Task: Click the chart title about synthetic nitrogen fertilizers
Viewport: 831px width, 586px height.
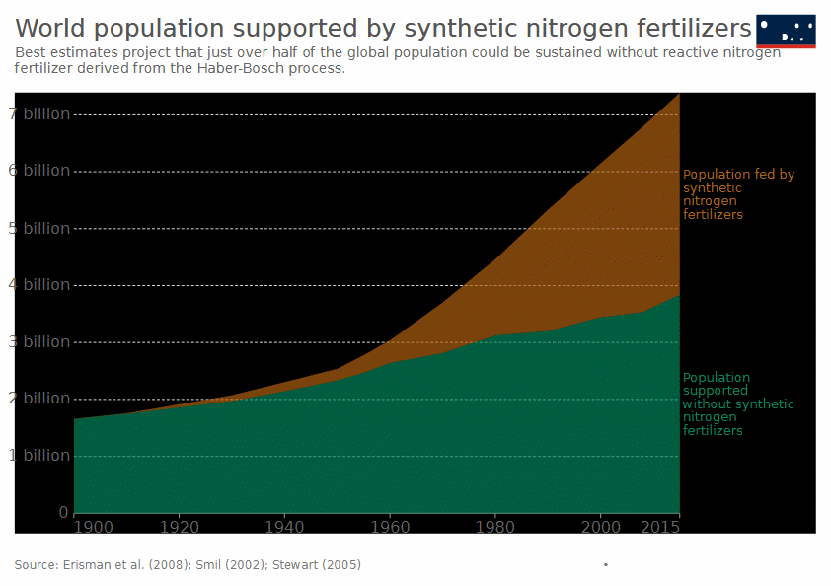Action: coord(383,27)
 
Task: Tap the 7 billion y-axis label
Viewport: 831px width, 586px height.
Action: coord(39,114)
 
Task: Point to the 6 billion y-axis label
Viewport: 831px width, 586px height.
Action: coord(39,171)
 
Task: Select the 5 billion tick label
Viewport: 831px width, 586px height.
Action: coord(39,228)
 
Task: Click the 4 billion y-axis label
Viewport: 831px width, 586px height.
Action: coord(39,285)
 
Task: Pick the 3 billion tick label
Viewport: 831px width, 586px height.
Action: coord(39,342)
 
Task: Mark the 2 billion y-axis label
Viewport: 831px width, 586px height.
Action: coord(39,399)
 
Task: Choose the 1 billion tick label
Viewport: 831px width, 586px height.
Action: coord(39,456)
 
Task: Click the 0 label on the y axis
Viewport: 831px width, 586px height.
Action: coord(63,513)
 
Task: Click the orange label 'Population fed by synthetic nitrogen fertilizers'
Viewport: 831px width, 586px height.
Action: coord(738,194)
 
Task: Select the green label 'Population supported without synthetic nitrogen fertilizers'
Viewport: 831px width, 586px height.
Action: coord(737,404)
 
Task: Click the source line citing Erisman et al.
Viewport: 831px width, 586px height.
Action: coord(188,565)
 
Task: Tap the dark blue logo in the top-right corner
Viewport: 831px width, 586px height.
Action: coord(786,31)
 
